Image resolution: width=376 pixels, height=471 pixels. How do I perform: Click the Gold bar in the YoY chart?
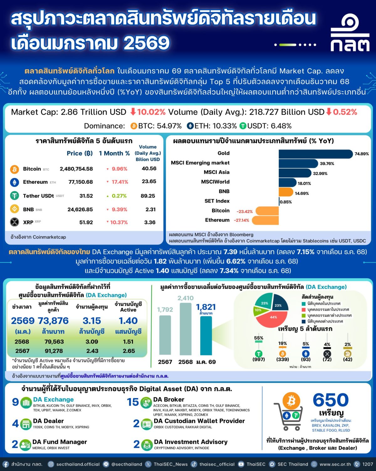[x=316, y=154]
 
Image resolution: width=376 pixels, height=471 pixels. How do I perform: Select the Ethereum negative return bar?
[x=265, y=220]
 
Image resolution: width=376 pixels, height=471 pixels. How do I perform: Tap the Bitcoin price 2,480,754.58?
[x=76, y=169]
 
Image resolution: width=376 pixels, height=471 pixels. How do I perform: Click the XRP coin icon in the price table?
[x=14, y=222]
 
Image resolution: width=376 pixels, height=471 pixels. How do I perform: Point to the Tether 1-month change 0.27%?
[x=119, y=196]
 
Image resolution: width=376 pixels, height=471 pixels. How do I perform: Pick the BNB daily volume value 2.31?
[x=150, y=209]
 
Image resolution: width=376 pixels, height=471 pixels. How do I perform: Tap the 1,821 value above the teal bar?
[x=206, y=307]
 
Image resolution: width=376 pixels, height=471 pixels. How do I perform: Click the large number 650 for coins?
[x=331, y=400]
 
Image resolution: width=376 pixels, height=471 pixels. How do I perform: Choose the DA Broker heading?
[x=169, y=399]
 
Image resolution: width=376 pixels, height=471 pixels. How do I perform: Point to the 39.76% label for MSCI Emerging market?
[x=327, y=164]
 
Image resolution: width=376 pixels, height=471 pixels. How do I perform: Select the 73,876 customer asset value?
[x=53, y=321]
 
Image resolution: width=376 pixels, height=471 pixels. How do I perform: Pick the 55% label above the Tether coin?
[x=258, y=338]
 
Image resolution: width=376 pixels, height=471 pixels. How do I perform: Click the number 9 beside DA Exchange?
[x=15, y=402]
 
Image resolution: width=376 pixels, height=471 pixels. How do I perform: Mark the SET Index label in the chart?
[x=217, y=201]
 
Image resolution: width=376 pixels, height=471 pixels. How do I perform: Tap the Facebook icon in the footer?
[x=6, y=464]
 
